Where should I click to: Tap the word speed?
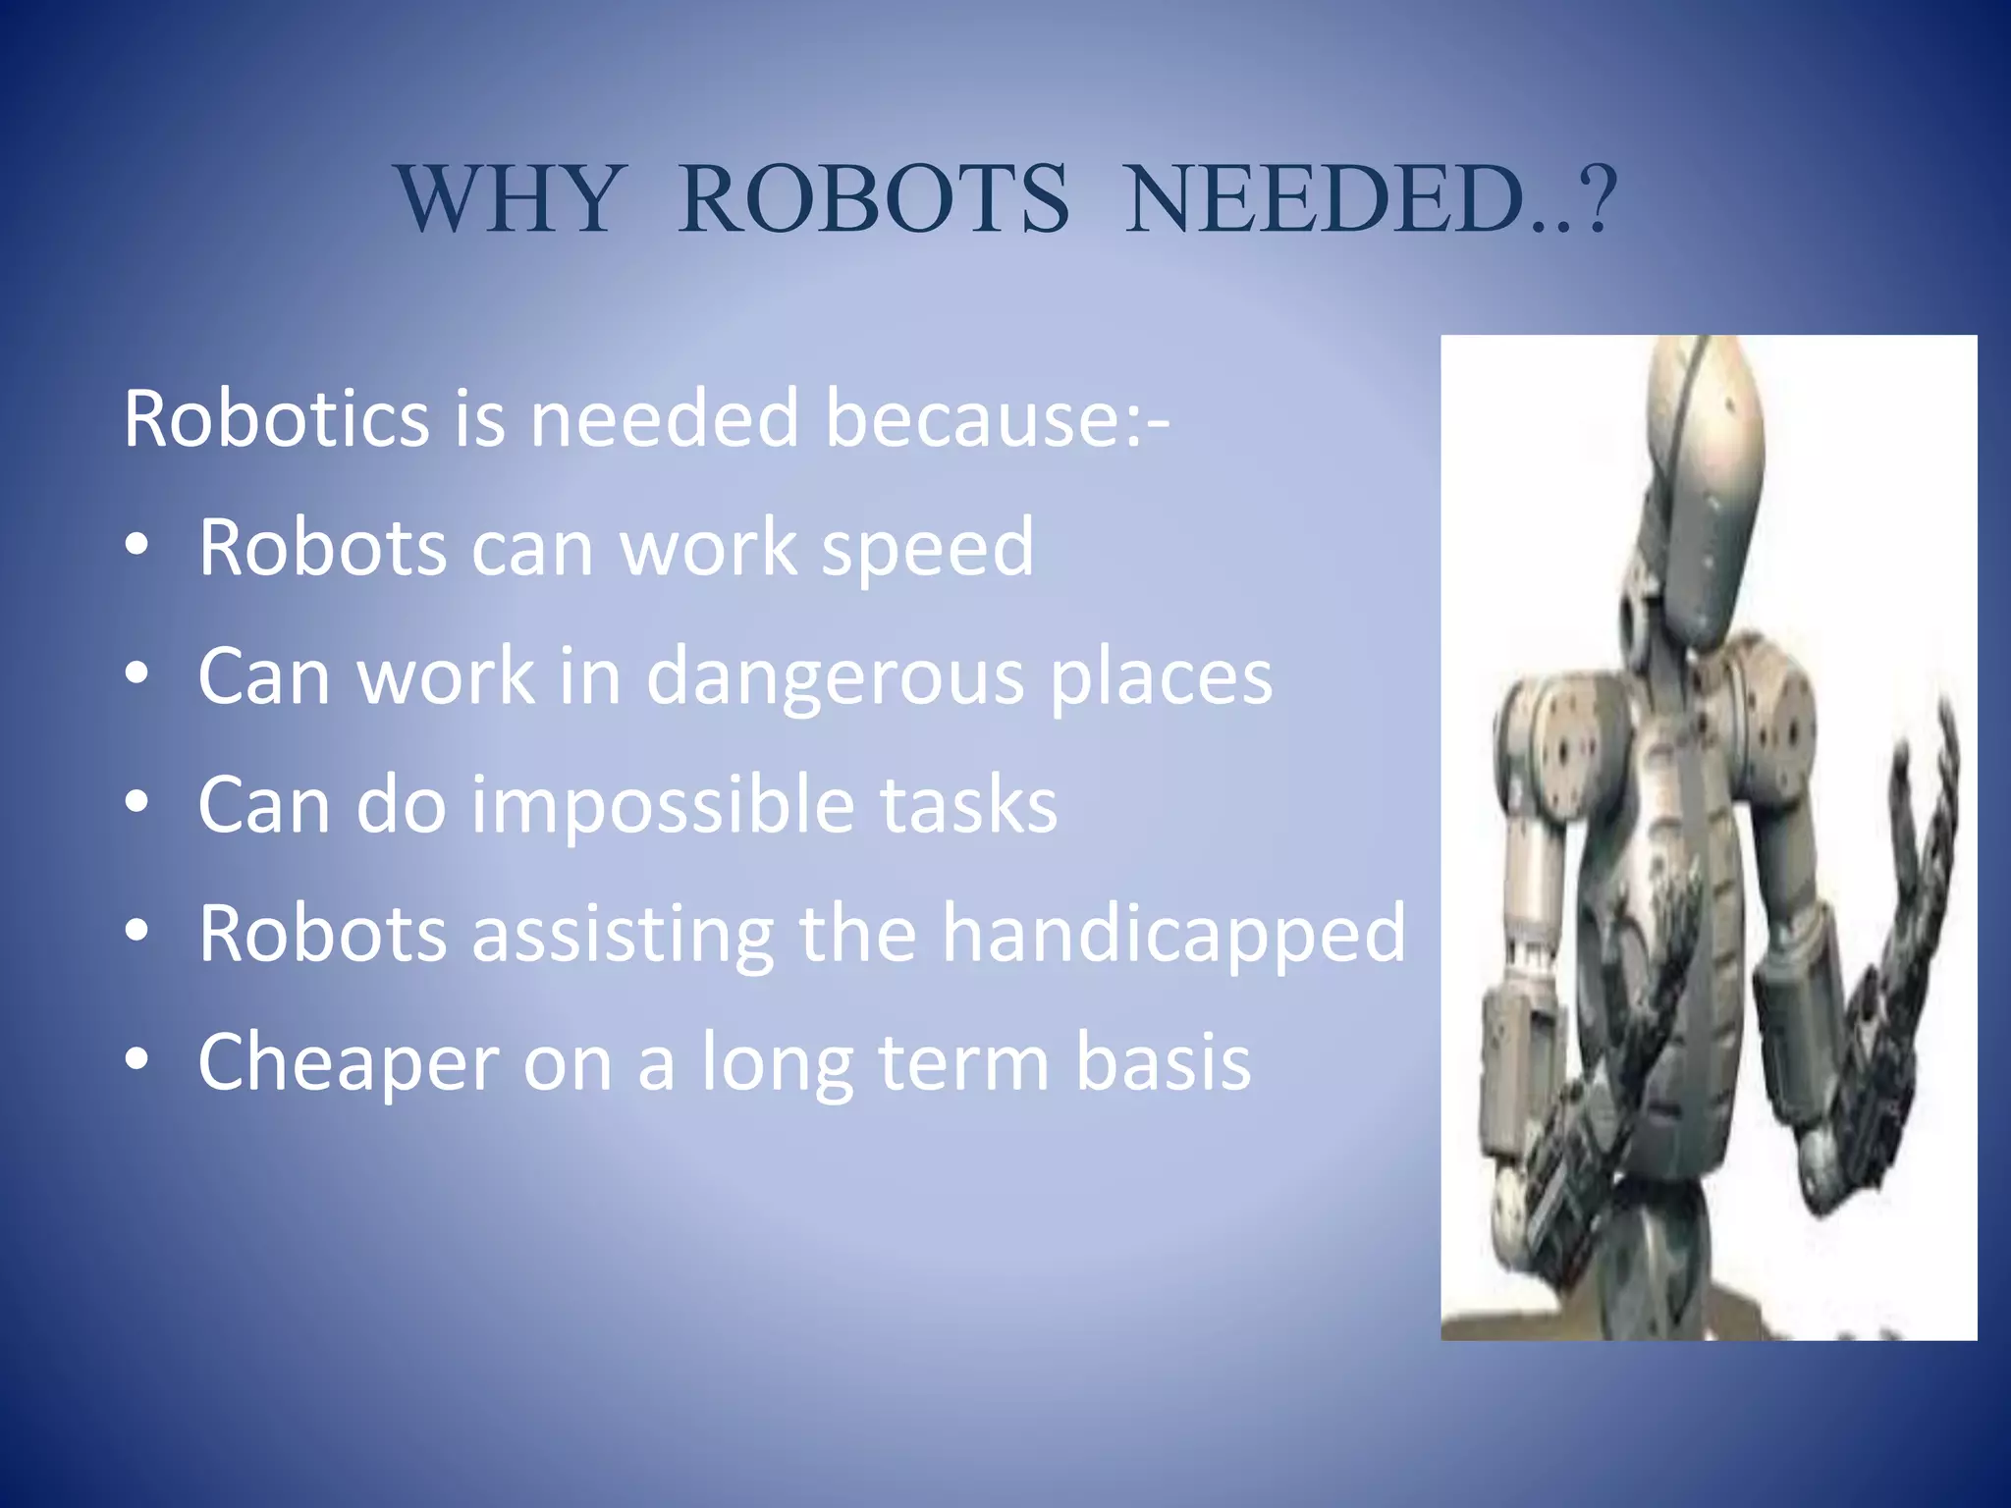(x=927, y=548)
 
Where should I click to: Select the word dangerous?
(x=836, y=677)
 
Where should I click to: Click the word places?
(x=1161, y=677)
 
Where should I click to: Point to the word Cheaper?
(x=349, y=1062)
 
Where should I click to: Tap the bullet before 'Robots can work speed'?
(x=137, y=546)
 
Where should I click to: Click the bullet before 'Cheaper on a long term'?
(x=137, y=1060)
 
